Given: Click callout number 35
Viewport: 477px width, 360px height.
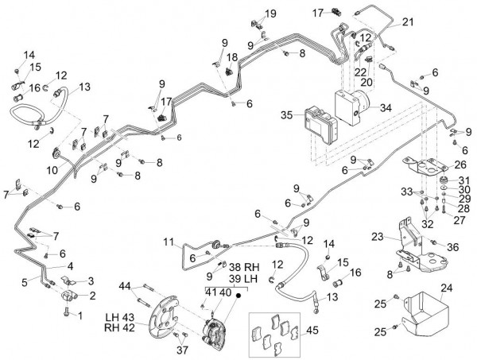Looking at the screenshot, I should (286, 115).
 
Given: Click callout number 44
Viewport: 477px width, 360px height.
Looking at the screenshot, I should (125, 286).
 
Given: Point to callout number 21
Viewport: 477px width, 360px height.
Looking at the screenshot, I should (408, 21).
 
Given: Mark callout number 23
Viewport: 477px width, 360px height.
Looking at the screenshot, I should (377, 236).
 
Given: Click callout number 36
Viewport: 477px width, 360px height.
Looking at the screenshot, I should (454, 248).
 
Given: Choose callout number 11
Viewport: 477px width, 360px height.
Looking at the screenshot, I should (168, 241).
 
